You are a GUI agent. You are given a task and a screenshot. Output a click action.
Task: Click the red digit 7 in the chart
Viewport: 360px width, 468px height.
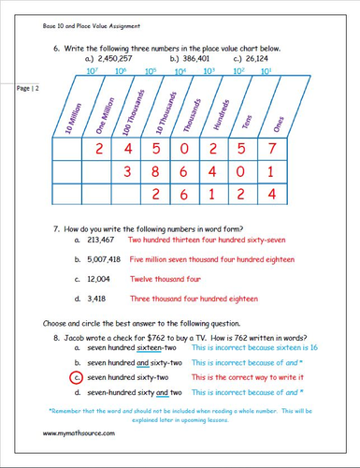[272, 150]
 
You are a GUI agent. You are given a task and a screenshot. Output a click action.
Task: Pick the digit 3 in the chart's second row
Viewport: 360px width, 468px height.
[128, 172]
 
